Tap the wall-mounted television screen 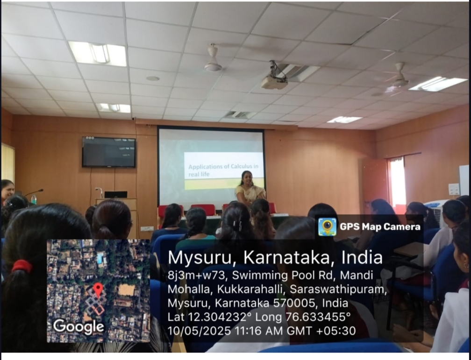coord(109,152)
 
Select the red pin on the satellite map coord(98,289)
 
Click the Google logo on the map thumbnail coord(78,327)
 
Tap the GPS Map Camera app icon coord(327,226)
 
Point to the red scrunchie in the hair coord(22,266)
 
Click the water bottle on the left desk coord(34,199)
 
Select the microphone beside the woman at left coord(34,192)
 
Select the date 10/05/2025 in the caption coord(200,331)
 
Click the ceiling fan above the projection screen coord(213,59)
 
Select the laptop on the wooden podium coord(116,195)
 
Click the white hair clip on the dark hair coord(237,226)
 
